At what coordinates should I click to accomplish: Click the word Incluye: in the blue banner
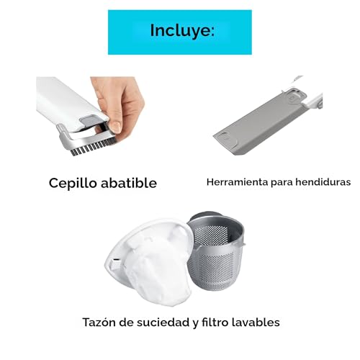tap(182, 31)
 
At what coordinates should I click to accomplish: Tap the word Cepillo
tap(73, 184)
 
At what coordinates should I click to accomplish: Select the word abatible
tap(129, 183)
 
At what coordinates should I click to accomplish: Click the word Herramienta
tap(238, 182)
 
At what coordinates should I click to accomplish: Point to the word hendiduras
tap(323, 182)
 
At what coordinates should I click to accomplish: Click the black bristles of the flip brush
tap(92, 147)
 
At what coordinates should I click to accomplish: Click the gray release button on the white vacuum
tap(89, 120)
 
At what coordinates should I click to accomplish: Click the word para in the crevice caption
tap(282, 182)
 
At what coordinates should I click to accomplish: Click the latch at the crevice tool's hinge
tap(295, 96)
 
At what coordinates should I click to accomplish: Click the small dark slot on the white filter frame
tap(116, 260)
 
